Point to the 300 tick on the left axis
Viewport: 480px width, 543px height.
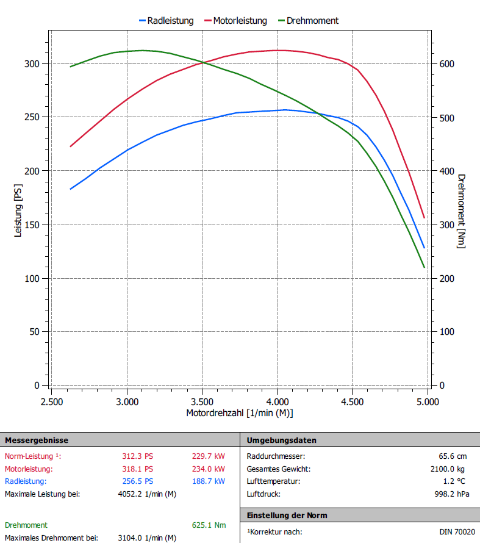32,63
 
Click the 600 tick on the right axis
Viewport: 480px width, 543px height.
447,63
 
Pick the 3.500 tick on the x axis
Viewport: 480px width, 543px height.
202,402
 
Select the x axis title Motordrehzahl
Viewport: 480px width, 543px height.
240,413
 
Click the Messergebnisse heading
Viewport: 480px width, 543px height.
37,440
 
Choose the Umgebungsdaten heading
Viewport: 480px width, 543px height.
281,440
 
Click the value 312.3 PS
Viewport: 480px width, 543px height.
138,456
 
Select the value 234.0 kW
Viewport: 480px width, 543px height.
208,469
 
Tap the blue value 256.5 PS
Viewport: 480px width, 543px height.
138,481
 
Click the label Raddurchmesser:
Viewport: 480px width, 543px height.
276,456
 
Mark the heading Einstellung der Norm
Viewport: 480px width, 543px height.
287,516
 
